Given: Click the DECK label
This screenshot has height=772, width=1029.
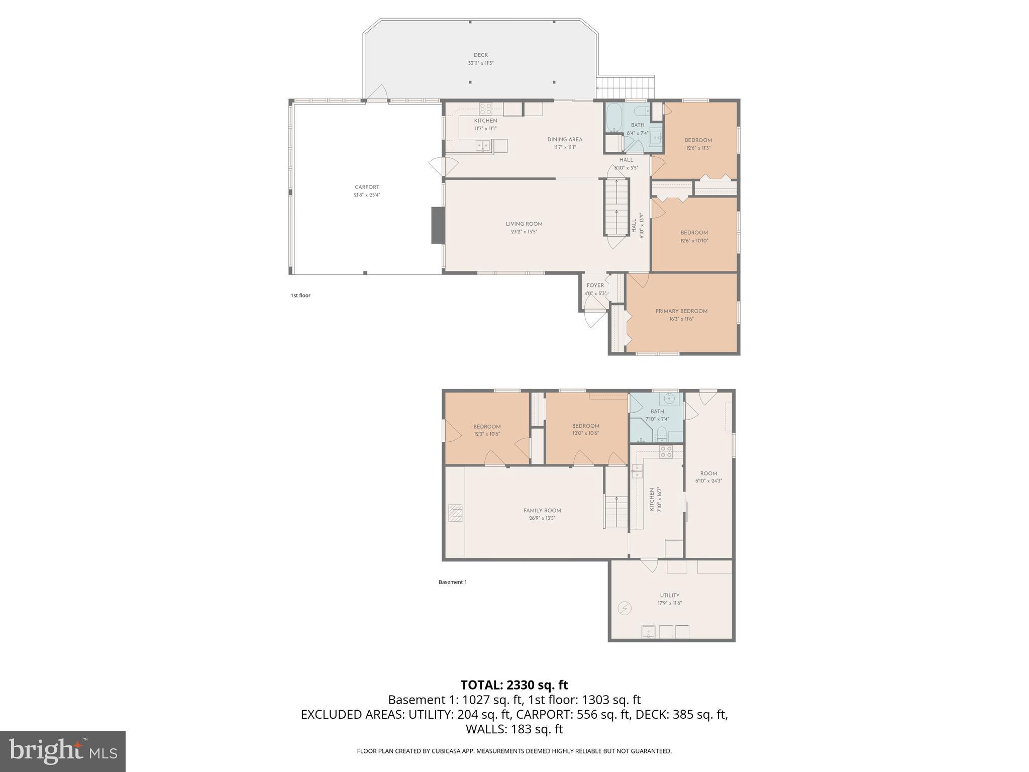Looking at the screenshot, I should click(x=480, y=55).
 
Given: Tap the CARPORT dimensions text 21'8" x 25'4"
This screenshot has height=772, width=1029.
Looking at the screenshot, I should click(x=367, y=195).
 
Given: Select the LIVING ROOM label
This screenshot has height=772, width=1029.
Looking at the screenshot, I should click(x=524, y=224).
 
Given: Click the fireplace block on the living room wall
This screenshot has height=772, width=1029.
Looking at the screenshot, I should click(x=438, y=226).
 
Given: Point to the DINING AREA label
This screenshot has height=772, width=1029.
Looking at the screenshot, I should click(x=565, y=140).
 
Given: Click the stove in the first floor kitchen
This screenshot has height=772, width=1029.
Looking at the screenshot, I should click(x=485, y=109).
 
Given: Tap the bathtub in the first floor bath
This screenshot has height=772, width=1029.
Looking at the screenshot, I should click(x=613, y=118).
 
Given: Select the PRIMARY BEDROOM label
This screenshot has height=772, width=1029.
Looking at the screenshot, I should click(x=681, y=311).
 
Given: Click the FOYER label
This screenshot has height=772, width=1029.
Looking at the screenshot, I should click(x=595, y=285).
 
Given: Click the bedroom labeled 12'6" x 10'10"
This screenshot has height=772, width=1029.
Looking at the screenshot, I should click(x=694, y=236).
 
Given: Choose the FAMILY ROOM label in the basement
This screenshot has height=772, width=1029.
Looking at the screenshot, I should click(x=542, y=511).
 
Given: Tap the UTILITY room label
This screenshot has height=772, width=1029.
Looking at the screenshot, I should click(x=670, y=596).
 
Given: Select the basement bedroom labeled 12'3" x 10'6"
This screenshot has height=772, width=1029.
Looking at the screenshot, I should click(x=487, y=430).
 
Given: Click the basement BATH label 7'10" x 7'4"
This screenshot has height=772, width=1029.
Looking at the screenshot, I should click(x=657, y=412).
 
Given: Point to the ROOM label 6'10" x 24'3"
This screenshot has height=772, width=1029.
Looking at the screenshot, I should click(x=708, y=473).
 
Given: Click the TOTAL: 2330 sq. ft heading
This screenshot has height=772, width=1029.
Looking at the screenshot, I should click(x=514, y=685).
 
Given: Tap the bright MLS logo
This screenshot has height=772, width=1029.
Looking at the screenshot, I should click(x=63, y=751).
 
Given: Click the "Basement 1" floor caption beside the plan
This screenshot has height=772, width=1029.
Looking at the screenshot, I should click(x=453, y=582).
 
